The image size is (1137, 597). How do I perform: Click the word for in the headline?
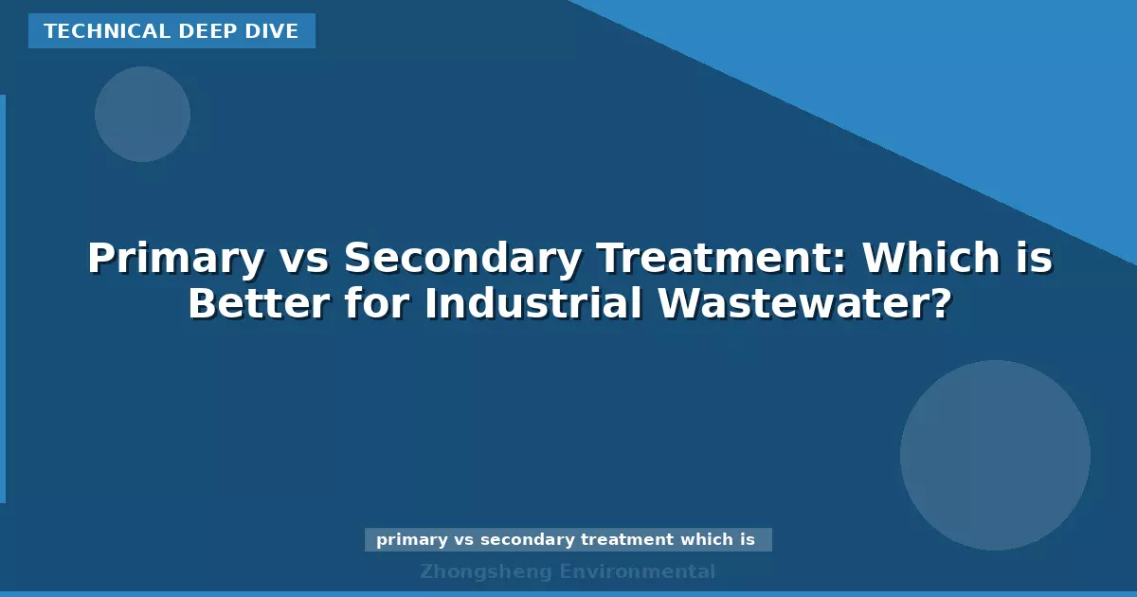(x=375, y=304)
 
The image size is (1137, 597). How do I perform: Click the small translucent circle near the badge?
(x=142, y=114)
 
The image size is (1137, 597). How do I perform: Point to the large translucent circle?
(x=995, y=455)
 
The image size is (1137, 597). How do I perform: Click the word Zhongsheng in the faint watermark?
(x=484, y=571)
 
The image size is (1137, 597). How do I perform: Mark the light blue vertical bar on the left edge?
(x=3, y=298)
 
